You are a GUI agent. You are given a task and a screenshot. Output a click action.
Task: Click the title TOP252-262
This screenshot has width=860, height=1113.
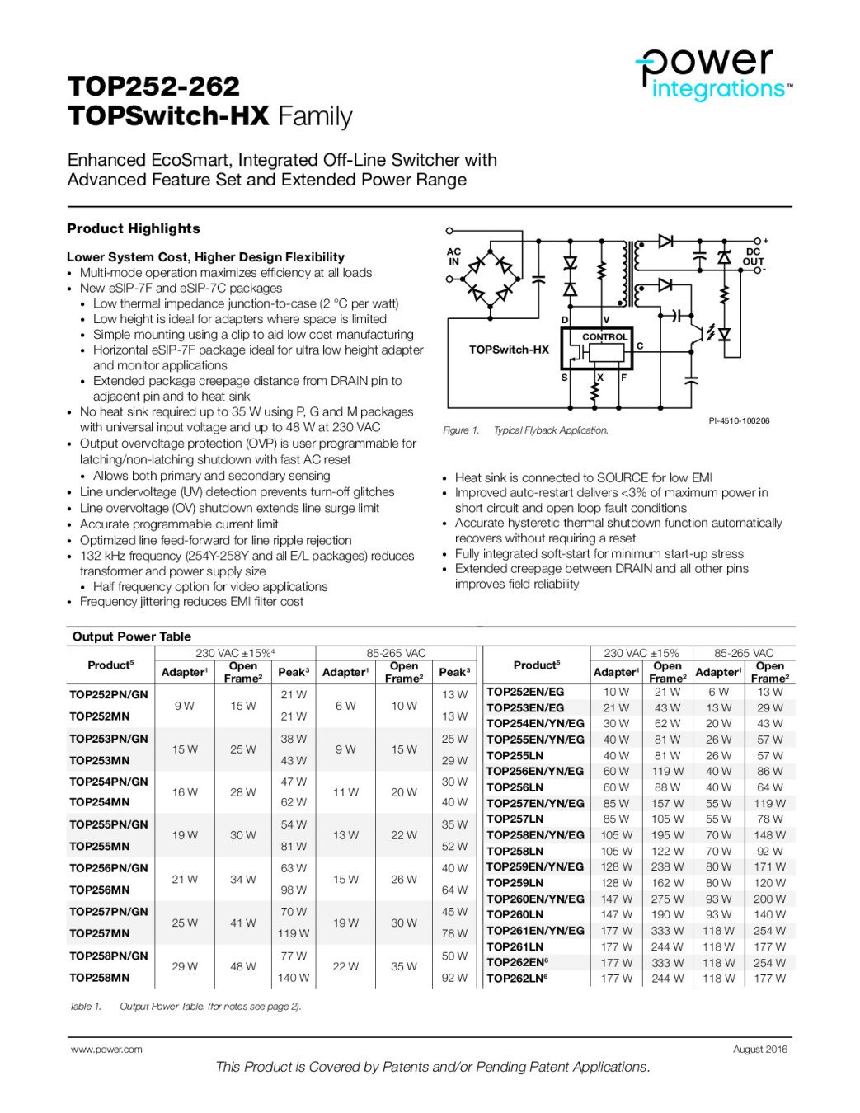coord(153,87)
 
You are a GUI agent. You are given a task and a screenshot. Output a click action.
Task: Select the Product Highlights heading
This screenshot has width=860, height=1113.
coord(134,228)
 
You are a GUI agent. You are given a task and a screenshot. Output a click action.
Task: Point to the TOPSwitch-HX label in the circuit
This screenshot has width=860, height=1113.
coord(509,350)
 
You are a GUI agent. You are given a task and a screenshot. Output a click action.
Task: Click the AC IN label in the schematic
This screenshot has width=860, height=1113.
coord(453,256)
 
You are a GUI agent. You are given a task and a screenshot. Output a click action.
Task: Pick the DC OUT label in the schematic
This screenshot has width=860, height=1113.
coord(753,256)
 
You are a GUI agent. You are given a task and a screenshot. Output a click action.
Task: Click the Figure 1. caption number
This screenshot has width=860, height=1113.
coord(461,430)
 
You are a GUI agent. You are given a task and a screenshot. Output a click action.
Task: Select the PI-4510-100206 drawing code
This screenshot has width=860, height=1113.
coord(739,421)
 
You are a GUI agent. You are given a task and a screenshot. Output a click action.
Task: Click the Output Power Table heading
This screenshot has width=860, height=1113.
coord(131,636)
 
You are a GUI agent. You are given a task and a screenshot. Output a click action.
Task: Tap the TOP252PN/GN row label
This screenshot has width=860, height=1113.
coord(109,694)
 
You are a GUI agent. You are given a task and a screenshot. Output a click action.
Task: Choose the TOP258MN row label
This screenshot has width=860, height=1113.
coord(100,978)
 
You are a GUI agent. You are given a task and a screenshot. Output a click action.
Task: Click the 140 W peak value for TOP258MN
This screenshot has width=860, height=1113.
coord(294,978)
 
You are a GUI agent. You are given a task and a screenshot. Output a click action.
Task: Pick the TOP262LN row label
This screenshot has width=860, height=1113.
coord(524,979)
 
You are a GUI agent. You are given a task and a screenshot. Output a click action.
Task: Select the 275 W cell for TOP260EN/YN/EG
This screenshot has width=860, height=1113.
coord(667,899)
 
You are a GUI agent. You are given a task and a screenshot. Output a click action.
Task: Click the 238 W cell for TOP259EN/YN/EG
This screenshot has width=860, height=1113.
coord(667,866)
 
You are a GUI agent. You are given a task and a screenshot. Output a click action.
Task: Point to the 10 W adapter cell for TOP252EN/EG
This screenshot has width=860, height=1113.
coord(616,692)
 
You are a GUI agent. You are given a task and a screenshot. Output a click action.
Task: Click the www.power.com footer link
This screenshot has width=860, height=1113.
coord(106,1050)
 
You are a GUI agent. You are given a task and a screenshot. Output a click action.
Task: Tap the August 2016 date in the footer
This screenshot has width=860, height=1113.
coord(759,1050)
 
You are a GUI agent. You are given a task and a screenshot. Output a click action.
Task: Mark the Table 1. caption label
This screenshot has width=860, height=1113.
coord(85,1006)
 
